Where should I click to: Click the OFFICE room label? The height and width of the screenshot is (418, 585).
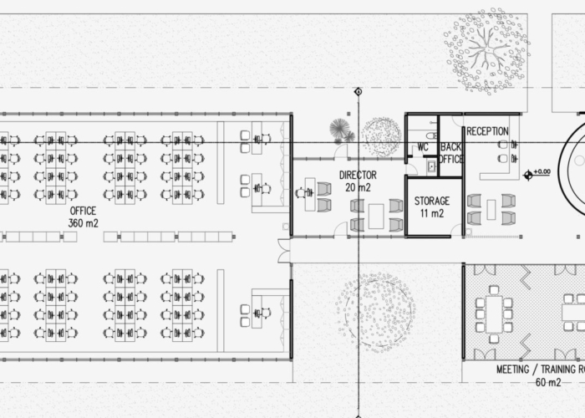(x=83, y=211)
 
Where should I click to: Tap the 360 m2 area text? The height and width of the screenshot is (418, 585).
(x=84, y=223)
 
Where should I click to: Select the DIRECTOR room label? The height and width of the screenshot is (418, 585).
(x=358, y=175)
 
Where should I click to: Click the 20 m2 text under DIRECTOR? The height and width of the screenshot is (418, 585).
(x=358, y=187)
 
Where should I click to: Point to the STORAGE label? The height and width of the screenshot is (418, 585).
(x=432, y=201)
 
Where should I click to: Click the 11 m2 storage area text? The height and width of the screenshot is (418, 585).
(x=432, y=213)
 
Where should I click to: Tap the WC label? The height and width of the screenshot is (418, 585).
(x=422, y=147)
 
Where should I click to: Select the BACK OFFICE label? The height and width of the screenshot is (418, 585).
(x=450, y=153)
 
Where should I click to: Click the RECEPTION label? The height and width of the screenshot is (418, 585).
(x=487, y=131)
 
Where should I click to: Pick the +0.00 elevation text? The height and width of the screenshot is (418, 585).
(x=542, y=171)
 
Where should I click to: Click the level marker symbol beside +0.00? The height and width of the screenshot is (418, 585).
(x=528, y=175)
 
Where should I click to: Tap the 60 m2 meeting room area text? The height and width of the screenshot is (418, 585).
(x=548, y=382)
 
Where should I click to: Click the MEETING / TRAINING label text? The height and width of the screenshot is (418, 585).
(x=541, y=370)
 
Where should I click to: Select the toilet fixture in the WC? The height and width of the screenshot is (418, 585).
(x=431, y=135)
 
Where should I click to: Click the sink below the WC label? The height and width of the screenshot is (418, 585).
(x=432, y=166)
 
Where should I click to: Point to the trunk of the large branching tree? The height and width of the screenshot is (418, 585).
(x=487, y=49)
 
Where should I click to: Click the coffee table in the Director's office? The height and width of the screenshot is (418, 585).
(x=376, y=216)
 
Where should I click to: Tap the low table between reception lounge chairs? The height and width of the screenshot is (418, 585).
(x=491, y=209)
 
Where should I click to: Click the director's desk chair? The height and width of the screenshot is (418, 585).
(x=301, y=193)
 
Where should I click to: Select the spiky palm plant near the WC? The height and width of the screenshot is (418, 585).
(x=338, y=128)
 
